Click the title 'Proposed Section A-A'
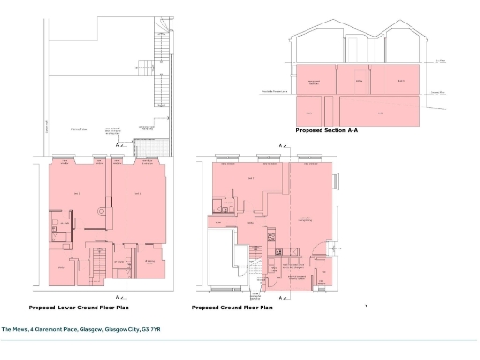click(327, 131)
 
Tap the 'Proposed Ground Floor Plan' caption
click(232, 307)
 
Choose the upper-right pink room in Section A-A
click(403, 81)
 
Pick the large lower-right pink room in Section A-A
click(380, 111)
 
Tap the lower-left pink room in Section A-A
click(306, 111)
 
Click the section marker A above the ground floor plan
click(281, 147)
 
